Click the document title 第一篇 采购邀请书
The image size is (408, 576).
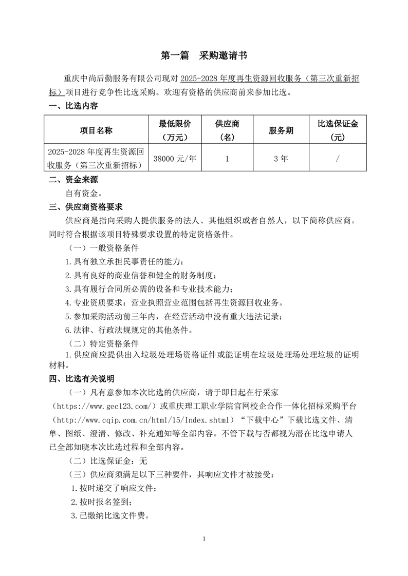coord(204,55)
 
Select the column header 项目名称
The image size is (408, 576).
coord(96,130)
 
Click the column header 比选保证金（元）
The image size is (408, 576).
coord(338,130)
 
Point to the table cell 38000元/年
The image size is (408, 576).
coord(175,159)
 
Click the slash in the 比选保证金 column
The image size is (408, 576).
coord(338,159)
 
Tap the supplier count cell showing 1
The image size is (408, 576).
coord(227,159)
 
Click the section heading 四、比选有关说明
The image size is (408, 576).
coord(81,379)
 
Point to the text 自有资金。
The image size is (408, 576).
coord(84,194)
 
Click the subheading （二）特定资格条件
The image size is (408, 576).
coord(103,343)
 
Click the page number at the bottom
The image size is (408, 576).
coord(204,539)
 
